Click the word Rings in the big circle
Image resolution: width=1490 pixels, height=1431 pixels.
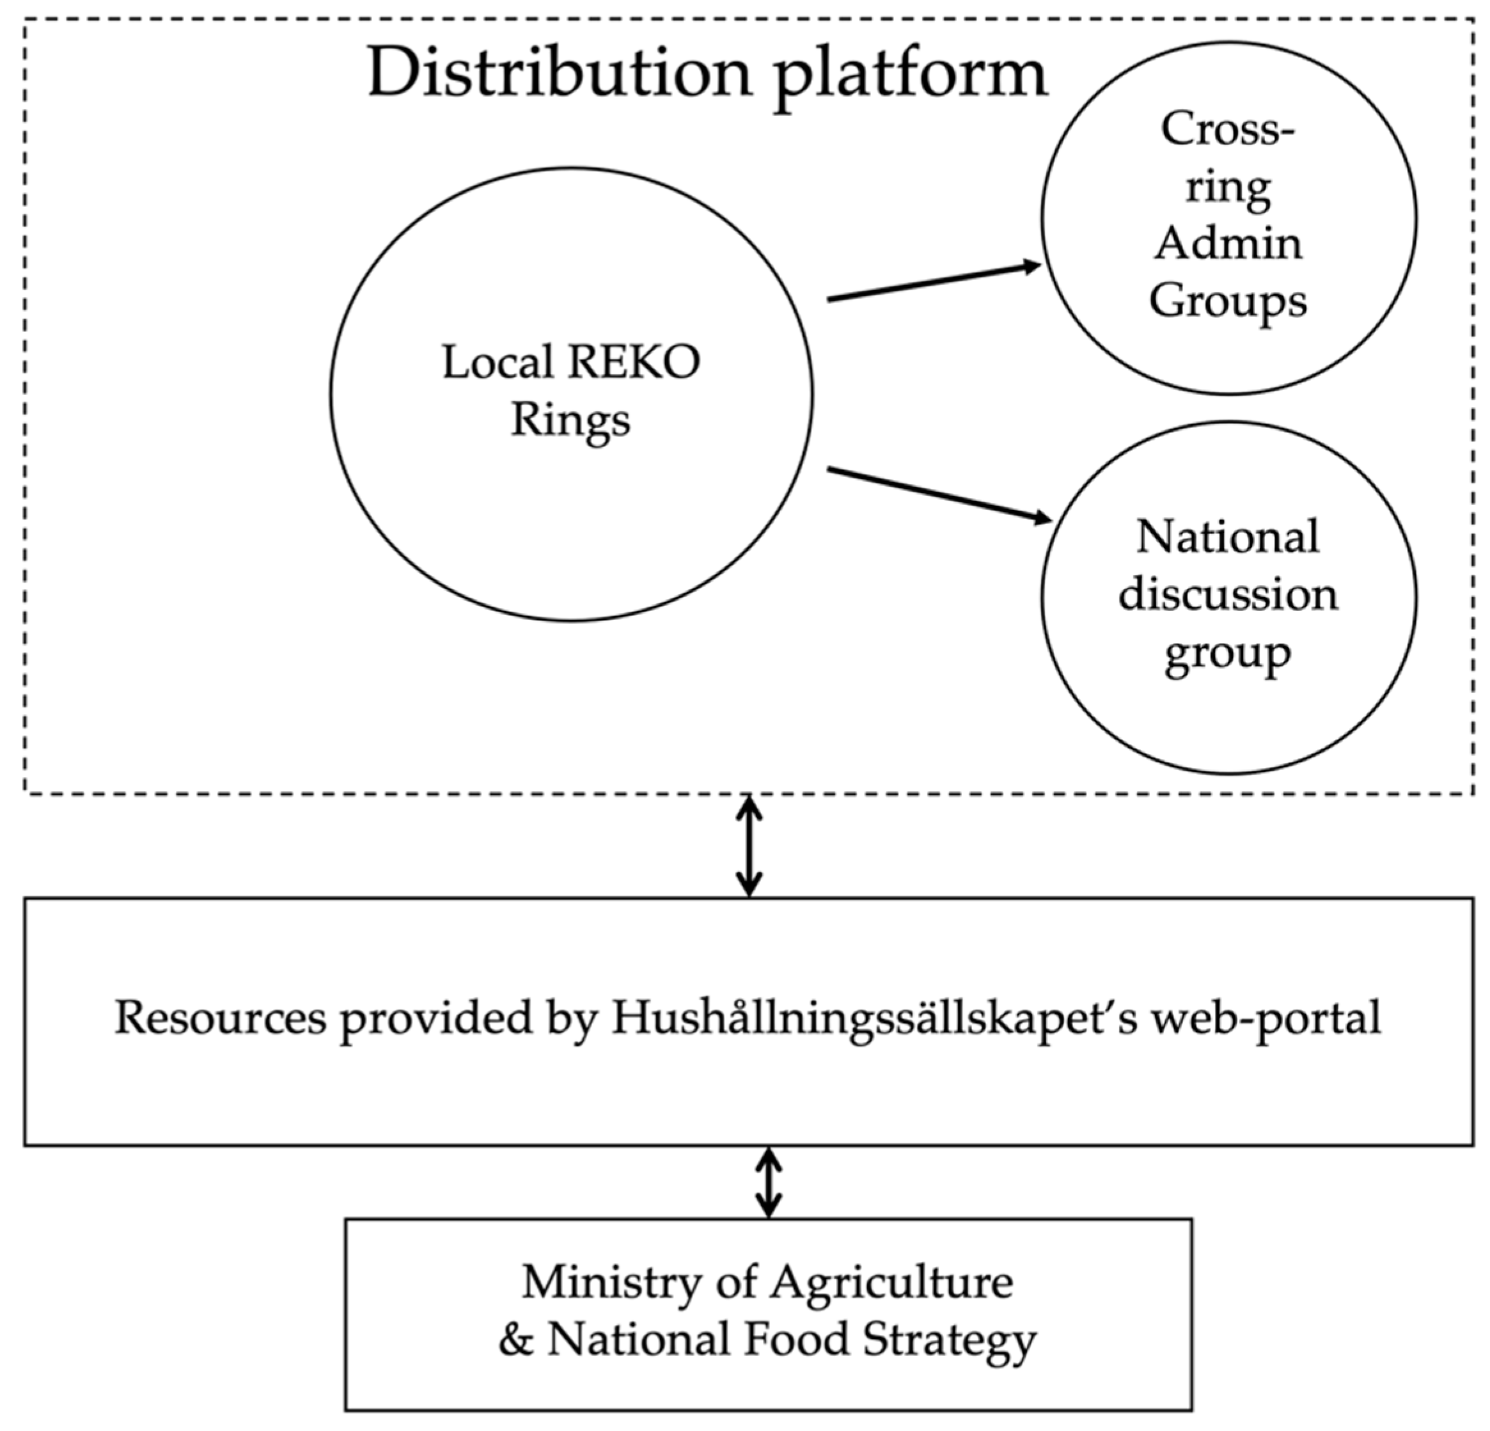coord(570,420)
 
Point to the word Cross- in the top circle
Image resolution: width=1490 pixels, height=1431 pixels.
coord(1227,129)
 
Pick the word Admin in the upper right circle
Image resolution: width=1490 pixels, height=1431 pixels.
coord(1228,244)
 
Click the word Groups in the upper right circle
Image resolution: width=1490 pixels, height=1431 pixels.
coord(1228,302)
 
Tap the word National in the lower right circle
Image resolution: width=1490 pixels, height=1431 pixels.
coord(1228,537)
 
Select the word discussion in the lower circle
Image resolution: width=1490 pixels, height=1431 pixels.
coord(1228,595)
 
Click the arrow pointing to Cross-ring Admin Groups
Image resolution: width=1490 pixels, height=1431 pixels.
coord(934,283)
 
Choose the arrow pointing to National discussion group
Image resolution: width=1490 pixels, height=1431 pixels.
coord(939,494)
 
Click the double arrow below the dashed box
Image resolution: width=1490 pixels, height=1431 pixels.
coord(749,846)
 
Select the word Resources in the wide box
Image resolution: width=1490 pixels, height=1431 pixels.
coord(221,1017)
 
